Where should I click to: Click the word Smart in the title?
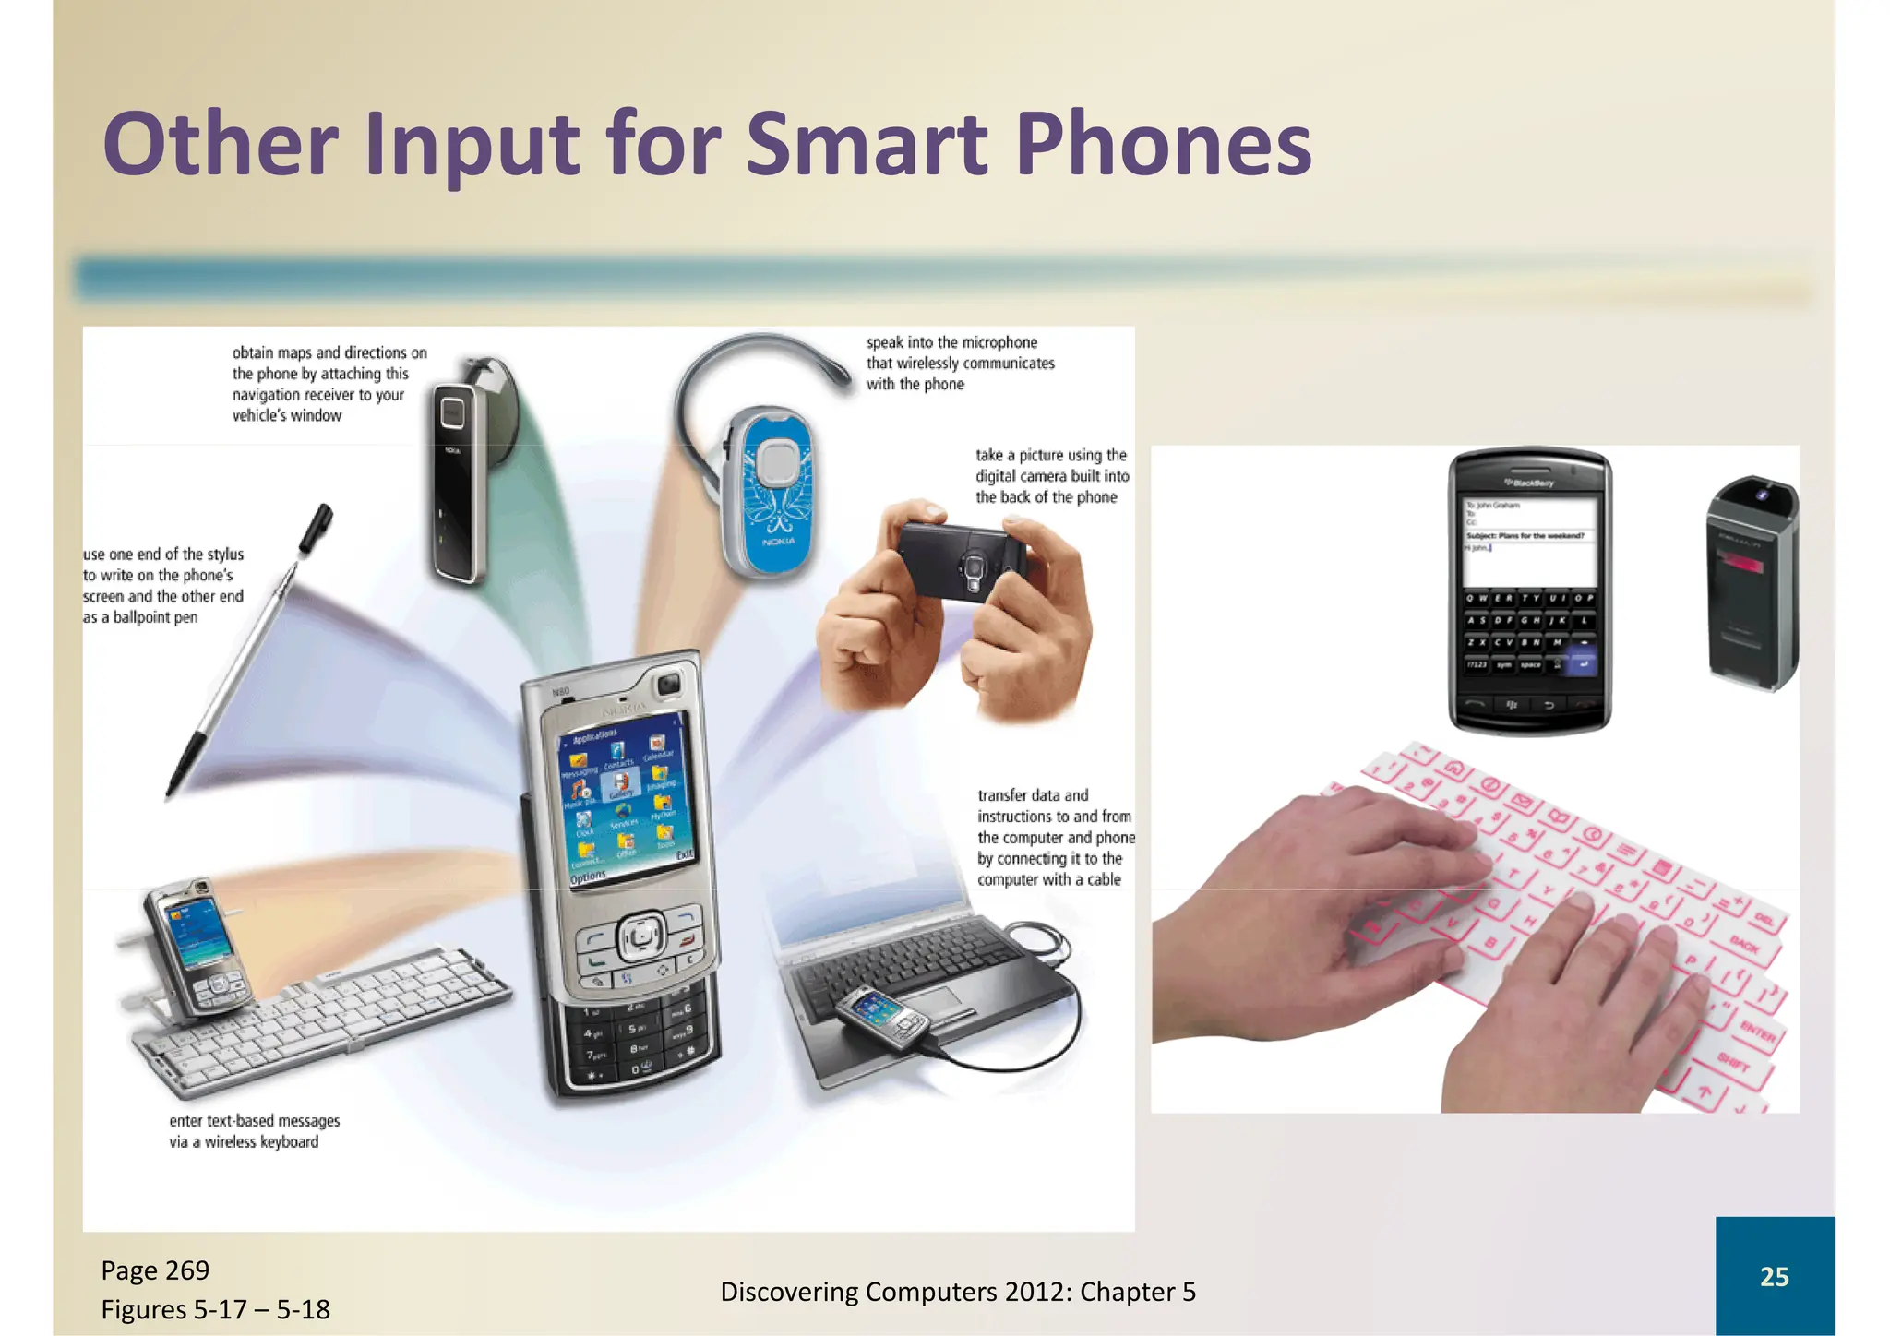[866, 146]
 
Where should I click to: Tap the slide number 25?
[1774, 1276]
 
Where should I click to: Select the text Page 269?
[155, 1270]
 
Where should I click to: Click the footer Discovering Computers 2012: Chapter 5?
[957, 1292]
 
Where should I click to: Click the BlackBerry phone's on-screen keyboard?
[1529, 632]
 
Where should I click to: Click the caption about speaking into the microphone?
[960, 364]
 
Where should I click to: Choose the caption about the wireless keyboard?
[254, 1131]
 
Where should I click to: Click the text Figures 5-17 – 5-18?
[215, 1309]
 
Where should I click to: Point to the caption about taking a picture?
[1052, 476]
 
